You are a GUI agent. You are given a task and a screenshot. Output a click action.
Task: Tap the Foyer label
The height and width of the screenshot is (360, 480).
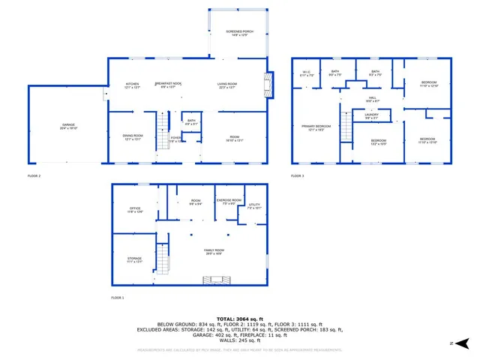click(x=175, y=139)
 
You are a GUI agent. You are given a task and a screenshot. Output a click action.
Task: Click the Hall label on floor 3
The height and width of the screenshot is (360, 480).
click(x=372, y=97)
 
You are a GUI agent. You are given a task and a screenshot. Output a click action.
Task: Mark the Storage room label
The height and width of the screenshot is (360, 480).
click(x=135, y=259)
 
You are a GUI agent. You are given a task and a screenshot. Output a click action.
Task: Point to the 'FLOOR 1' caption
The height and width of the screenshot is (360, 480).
click(x=118, y=298)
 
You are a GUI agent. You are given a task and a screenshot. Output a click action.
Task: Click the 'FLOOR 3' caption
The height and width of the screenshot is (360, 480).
click(x=298, y=175)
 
